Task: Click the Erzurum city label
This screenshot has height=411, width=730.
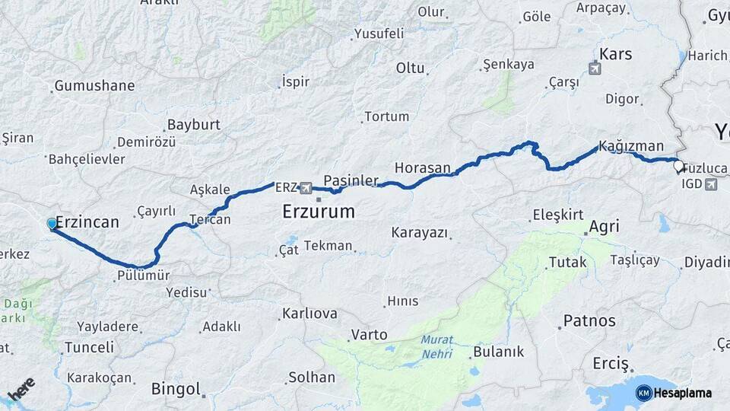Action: (x=318, y=211)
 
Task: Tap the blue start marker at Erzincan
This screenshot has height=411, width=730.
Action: (x=52, y=224)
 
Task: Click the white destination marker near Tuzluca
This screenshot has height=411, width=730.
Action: (x=678, y=165)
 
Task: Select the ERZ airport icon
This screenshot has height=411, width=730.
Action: (x=306, y=187)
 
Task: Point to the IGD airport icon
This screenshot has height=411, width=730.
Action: (x=711, y=183)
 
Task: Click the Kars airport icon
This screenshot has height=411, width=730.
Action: (x=595, y=68)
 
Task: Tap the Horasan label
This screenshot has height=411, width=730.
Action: (x=423, y=167)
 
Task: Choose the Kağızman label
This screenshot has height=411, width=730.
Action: (x=630, y=146)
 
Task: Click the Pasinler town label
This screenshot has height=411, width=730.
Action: (x=351, y=180)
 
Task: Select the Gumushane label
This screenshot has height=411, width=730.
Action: (x=94, y=86)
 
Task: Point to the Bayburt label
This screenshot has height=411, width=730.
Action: (x=193, y=124)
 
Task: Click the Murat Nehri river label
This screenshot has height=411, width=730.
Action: (x=437, y=347)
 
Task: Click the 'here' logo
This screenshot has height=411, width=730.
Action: (x=21, y=390)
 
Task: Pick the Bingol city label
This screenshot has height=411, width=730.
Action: (x=176, y=389)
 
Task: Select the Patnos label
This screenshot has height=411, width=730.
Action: (x=589, y=320)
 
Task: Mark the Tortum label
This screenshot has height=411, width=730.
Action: (x=386, y=116)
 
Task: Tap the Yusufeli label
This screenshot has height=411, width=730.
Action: (x=379, y=33)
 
